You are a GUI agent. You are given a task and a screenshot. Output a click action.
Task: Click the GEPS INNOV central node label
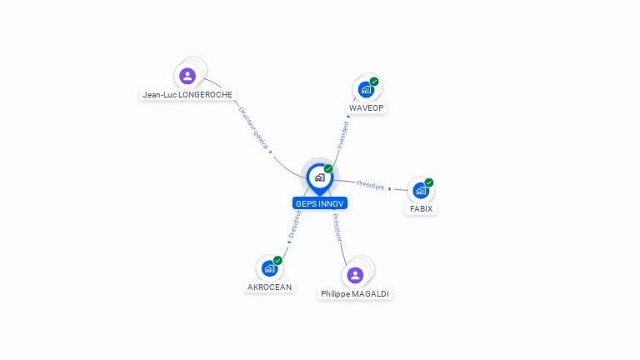point(320,203)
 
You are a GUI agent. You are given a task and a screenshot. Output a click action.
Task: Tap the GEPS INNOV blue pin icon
point(319,177)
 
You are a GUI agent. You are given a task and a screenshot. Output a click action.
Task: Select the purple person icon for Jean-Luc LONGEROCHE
point(187,76)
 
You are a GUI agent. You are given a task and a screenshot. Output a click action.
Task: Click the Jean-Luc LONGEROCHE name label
point(187,95)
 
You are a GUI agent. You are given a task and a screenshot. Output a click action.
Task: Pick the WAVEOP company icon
point(365,89)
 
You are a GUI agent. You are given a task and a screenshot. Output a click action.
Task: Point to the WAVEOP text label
point(367,108)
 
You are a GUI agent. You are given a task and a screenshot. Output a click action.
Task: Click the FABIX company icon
point(421,190)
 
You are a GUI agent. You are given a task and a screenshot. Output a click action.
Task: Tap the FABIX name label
point(421,209)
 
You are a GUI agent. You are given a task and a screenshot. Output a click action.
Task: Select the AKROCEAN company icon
point(269,268)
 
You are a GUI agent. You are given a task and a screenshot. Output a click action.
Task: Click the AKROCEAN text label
point(270,287)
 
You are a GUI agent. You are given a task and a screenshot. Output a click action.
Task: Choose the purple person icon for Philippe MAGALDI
point(355,275)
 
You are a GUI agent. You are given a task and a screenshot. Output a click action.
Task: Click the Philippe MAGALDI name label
point(355,294)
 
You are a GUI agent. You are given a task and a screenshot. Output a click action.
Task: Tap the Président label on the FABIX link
point(371,185)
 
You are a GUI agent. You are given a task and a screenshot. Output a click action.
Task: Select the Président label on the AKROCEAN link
point(295,224)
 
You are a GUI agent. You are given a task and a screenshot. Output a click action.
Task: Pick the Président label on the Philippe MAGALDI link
point(337,227)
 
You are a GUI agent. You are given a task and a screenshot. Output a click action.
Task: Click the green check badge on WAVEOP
point(374,82)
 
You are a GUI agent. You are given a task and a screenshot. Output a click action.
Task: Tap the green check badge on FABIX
point(429,182)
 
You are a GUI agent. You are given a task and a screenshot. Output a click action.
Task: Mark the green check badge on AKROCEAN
point(277,261)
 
